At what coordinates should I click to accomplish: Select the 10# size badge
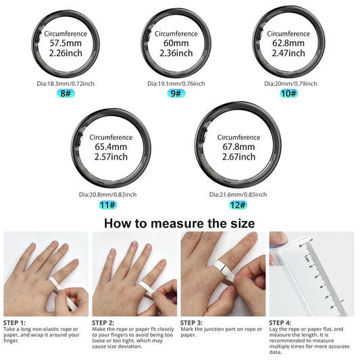(288, 93)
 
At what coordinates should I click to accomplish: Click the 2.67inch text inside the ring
(234, 157)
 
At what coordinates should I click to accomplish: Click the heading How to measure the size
(180, 223)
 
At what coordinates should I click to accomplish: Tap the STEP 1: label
(16, 322)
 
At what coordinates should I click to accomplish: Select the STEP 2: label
(104, 322)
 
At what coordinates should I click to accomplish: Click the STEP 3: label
(193, 322)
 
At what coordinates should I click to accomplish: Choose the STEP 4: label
(282, 322)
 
